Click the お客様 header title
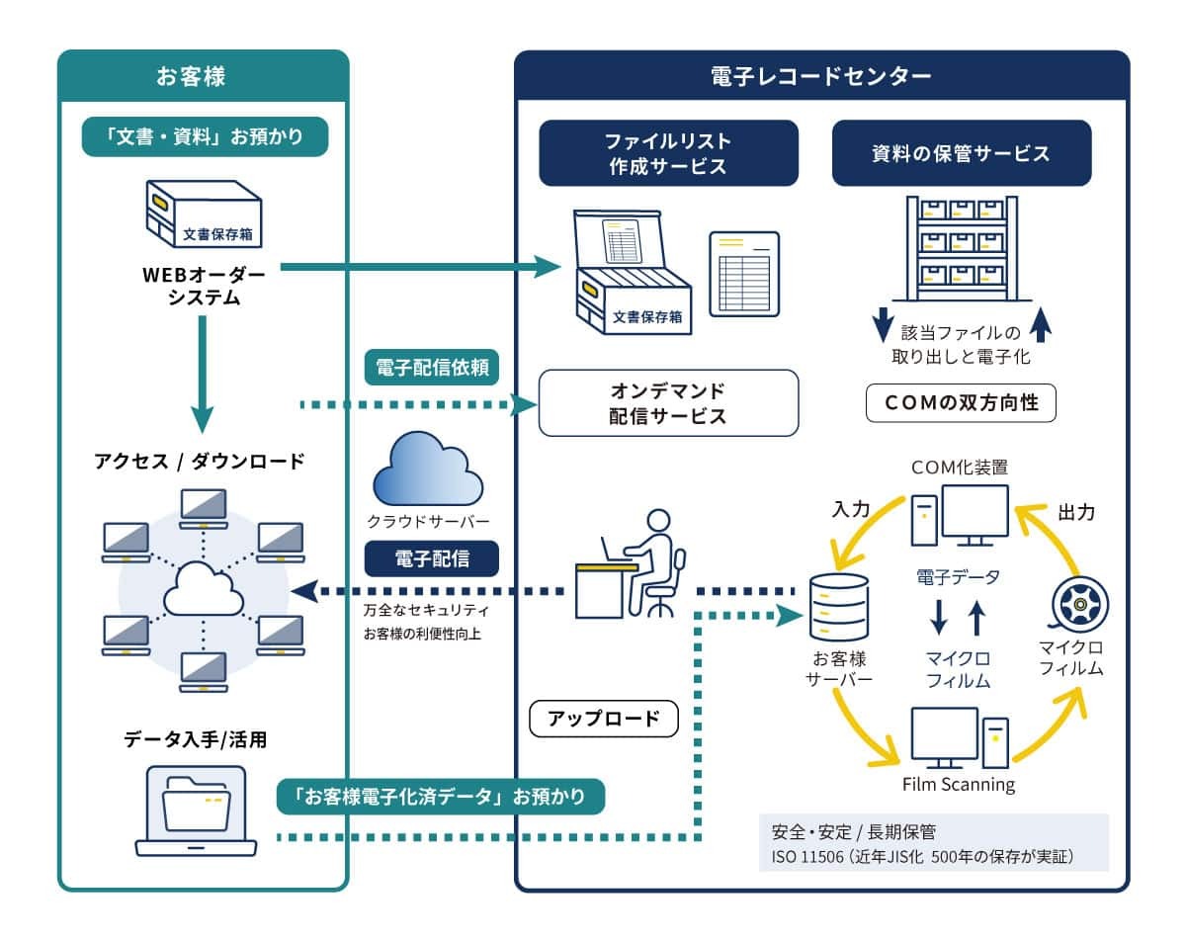[204, 76]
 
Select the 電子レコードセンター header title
[820, 76]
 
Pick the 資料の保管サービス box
[962, 153]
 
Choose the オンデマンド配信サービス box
[667, 402]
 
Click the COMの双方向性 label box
[961, 403]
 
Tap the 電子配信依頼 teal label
[432, 369]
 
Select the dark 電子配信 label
[432, 558]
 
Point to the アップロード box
[604, 719]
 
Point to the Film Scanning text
[959, 785]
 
